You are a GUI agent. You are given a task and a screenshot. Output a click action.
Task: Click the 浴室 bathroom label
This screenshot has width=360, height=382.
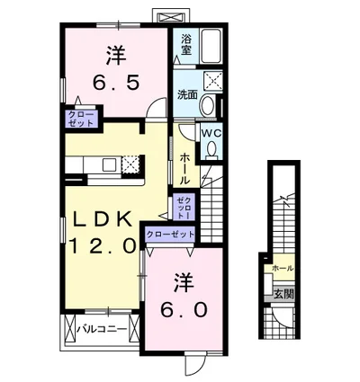pyautogui.click(x=186, y=45)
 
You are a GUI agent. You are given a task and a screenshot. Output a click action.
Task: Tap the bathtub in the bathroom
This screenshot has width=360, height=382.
pyautogui.click(x=211, y=46)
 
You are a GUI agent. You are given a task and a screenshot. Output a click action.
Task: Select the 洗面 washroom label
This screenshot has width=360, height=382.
pyautogui.click(x=187, y=94)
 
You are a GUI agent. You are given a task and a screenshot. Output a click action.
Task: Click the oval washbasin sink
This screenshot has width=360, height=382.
pyautogui.click(x=207, y=105)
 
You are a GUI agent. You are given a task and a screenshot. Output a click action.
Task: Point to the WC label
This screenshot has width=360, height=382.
pyautogui.click(x=211, y=133)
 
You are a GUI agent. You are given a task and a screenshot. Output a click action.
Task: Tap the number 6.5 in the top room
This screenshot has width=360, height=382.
pyautogui.click(x=116, y=83)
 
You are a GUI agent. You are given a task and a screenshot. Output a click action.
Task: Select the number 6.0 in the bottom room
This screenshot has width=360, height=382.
pyautogui.click(x=184, y=309)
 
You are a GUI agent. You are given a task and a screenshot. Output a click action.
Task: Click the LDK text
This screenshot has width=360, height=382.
pyautogui.click(x=103, y=219)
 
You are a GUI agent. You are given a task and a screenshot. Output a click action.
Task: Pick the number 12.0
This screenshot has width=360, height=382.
pyautogui.click(x=103, y=245)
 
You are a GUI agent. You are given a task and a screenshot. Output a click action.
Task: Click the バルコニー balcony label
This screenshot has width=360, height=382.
pyautogui.click(x=102, y=329)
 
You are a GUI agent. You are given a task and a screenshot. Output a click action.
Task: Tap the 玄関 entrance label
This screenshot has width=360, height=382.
pyautogui.click(x=283, y=295)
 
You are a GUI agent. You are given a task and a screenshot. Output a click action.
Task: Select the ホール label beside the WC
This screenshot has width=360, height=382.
pyautogui.click(x=184, y=169)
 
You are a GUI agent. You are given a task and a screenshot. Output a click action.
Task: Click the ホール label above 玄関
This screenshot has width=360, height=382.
pyautogui.click(x=283, y=269)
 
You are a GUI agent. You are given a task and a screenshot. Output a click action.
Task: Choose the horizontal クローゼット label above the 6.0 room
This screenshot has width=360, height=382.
pyautogui.click(x=170, y=234)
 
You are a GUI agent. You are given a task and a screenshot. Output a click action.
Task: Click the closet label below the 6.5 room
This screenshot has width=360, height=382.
pyautogui.click(x=81, y=119)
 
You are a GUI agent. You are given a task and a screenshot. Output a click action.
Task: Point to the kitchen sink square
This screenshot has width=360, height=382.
pyautogui.click(x=108, y=164)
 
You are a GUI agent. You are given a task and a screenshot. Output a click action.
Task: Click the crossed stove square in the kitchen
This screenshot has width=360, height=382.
pyautogui.click(x=130, y=164)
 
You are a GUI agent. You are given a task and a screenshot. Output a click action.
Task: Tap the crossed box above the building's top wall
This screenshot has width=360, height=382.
pyautogui.click(x=171, y=16)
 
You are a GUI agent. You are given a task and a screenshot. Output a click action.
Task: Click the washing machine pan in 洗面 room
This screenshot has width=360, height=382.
pyautogui.click(x=213, y=80)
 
